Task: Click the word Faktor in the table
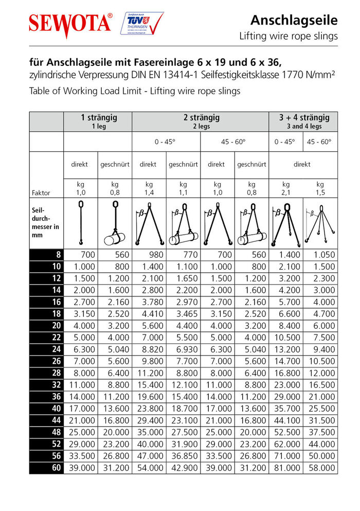point(41,193)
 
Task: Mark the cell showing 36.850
point(184,456)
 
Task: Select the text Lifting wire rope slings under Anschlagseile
point(289,36)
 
